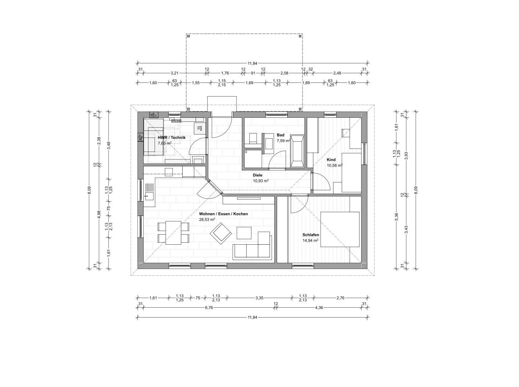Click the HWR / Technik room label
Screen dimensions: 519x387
click(172, 138)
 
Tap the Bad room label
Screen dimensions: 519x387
click(281, 135)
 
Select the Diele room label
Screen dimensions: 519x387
click(258, 175)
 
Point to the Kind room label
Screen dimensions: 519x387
click(331, 160)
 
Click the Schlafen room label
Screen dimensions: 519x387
click(311, 235)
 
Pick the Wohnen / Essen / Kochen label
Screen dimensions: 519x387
click(223, 214)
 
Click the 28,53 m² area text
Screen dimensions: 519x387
click(207, 219)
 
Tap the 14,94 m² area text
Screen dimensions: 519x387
click(310, 241)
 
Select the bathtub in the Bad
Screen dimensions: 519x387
click(297, 151)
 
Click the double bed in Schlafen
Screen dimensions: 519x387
click(340, 229)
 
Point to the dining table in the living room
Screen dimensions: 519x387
click(173, 233)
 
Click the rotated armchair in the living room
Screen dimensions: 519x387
click(221, 234)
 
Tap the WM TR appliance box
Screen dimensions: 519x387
click(200, 128)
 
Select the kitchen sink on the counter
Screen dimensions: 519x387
click(149, 196)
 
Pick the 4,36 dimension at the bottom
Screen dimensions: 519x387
click(319, 308)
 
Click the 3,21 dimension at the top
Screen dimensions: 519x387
click(174, 73)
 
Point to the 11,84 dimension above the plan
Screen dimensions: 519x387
click(252, 63)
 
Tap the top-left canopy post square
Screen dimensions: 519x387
click(189, 36)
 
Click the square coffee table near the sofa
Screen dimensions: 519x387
click(244, 233)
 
